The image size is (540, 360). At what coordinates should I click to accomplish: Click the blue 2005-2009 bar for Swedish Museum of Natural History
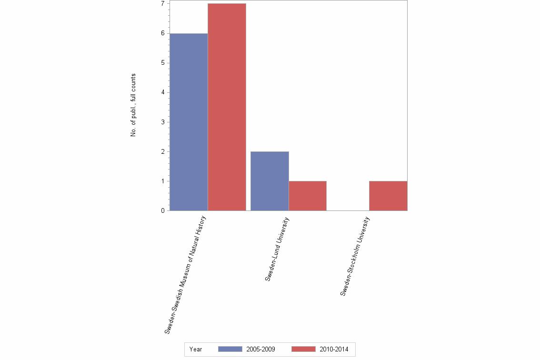(189, 122)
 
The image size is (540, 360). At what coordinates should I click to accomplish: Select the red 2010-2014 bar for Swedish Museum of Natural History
(227, 107)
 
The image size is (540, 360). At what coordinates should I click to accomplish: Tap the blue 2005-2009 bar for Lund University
(270, 181)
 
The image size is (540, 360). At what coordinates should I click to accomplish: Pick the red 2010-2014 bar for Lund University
(307, 196)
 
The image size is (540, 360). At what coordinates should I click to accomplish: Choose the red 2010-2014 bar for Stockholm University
(388, 196)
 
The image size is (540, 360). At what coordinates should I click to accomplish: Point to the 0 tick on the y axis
(162, 210)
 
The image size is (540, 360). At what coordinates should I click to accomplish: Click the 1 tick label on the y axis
(162, 181)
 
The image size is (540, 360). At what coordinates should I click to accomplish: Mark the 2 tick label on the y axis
(162, 151)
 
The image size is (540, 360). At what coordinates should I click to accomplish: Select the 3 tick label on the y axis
(162, 122)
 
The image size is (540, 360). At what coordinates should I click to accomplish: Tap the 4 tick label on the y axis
(162, 92)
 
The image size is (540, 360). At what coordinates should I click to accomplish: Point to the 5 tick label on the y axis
(162, 63)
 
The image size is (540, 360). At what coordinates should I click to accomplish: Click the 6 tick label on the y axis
(162, 33)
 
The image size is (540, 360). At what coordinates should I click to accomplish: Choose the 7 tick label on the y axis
(162, 4)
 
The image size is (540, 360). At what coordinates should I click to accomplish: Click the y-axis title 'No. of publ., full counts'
(133, 105)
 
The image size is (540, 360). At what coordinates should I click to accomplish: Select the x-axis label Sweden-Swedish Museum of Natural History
(186, 275)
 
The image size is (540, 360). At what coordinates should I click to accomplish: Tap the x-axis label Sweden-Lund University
(277, 249)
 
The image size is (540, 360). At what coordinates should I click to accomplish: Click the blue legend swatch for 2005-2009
(230, 350)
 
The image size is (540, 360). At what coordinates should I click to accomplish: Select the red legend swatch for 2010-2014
(303, 350)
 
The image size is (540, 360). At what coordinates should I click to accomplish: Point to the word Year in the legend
(196, 350)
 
